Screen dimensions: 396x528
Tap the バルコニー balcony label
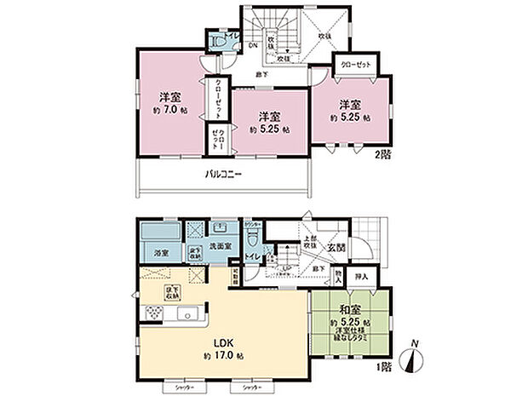pyautogui.click(x=223, y=175)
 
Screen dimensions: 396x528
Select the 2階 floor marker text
pyautogui.click(x=382, y=157)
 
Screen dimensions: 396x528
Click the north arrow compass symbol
pyautogui.click(x=414, y=358)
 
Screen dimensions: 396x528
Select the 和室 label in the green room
pyautogui.click(x=348, y=310)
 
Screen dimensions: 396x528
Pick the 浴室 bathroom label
pyautogui.click(x=159, y=253)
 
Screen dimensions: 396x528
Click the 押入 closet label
pyautogui.click(x=362, y=277)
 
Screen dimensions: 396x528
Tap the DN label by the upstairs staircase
pyautogui.click(x=253, y=47)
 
